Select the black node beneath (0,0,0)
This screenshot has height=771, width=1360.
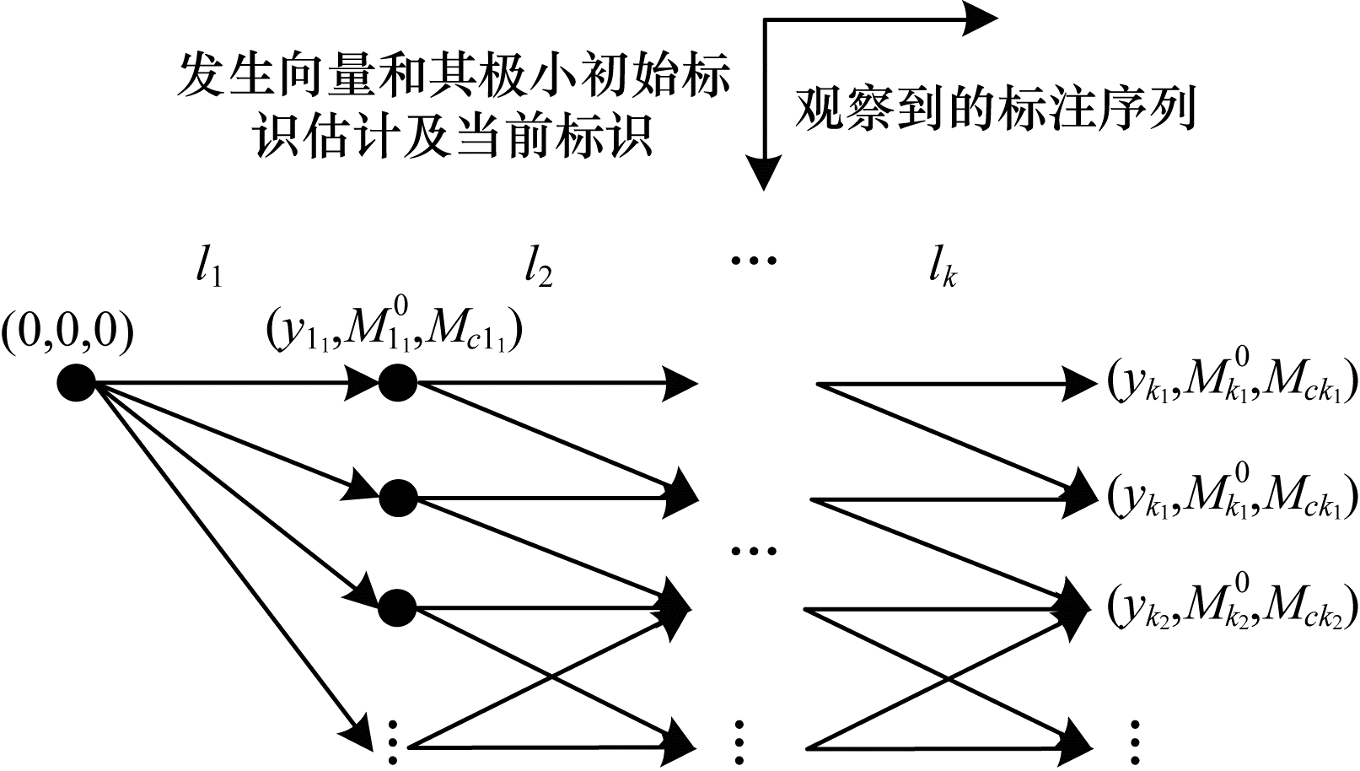pyautogui.click(x=76, y=384)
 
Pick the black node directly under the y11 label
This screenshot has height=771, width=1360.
pyautogui.click(x=398, y=384)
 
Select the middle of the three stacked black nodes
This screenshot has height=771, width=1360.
pyautogui.click(x=398, y=498)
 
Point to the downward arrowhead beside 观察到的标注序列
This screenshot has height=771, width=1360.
pyautogui.click(x=764, y=174)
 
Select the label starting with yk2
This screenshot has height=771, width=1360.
pyautogui.click(x=1232, y=604)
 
